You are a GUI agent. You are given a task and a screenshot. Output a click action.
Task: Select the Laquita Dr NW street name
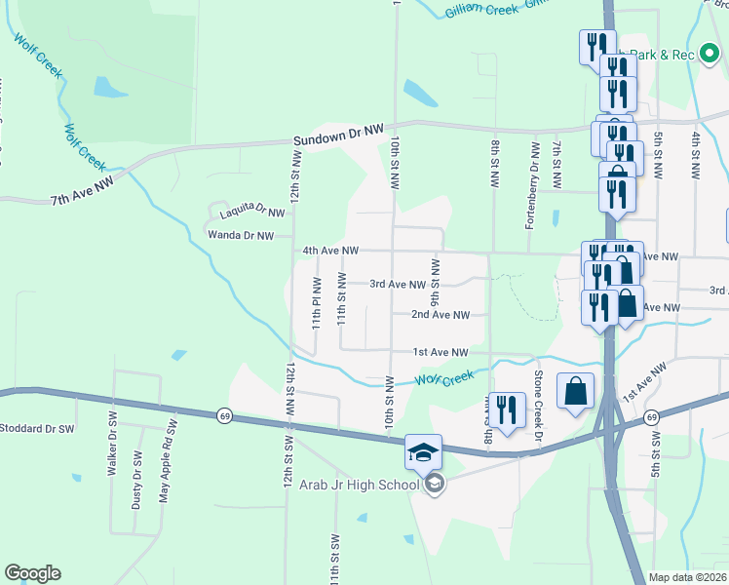pos(251,210)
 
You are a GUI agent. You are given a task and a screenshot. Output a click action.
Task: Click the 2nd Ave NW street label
pos(440,315)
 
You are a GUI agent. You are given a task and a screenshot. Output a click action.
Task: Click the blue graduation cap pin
pos(423,452)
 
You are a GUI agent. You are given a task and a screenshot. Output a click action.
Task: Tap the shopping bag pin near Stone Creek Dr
pos(575,391)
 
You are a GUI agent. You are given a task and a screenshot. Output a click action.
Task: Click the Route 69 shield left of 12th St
pos(225,416)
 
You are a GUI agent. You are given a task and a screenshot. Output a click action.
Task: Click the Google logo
pos(32,573)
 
